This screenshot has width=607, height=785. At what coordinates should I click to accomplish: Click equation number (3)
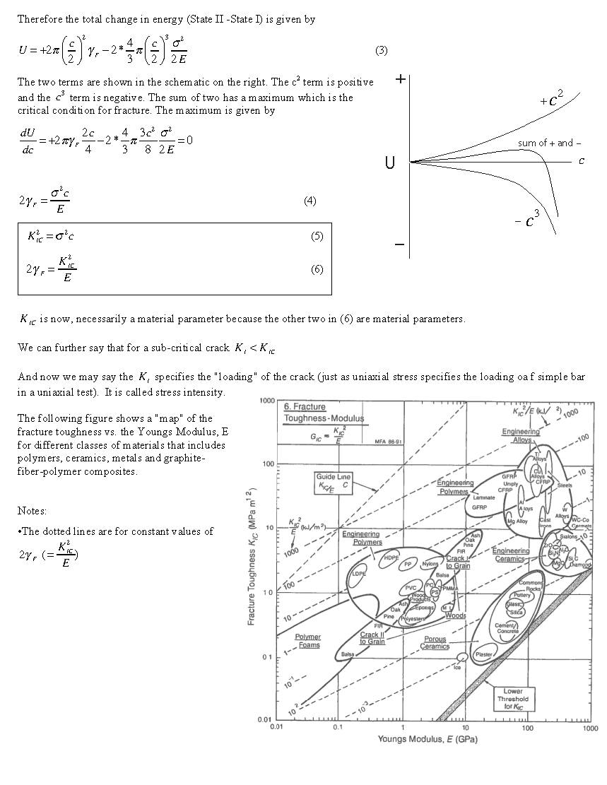point(381,51)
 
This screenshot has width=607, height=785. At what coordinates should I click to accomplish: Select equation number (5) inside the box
point(317,236)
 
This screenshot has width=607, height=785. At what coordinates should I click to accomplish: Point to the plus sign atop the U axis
point(400,79)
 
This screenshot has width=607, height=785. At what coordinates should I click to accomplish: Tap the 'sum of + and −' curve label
point(546,143)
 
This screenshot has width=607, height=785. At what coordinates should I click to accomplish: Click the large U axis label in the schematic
point(389,164)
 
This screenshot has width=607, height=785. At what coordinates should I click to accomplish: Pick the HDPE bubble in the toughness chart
point(391,557)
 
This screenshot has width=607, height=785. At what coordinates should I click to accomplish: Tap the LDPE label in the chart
point(359,574)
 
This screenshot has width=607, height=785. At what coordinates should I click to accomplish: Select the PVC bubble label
point(411,588)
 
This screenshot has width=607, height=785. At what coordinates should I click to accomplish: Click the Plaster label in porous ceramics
point(484,654)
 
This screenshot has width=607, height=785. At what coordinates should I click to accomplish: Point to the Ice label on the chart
point(457,668)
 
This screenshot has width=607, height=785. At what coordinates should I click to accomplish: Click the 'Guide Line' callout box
point(334,481)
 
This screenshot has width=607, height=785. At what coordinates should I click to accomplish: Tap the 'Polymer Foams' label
point(308,641)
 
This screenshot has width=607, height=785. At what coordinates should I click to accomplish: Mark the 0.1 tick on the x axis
point(339,727)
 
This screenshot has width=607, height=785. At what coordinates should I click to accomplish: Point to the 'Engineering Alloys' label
point(521,435)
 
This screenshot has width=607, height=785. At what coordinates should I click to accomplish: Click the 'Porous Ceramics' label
point(435,642)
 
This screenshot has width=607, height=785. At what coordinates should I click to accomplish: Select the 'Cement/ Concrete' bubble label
point(507,628)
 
